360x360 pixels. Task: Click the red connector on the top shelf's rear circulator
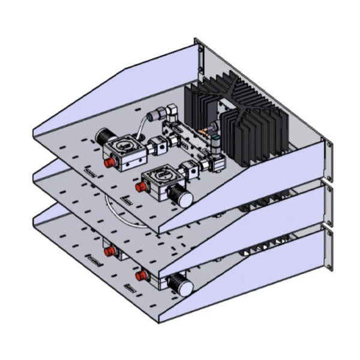(110, 163)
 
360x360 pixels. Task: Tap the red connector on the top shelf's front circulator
(142, 187)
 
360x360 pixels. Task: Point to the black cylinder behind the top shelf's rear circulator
(104, 136)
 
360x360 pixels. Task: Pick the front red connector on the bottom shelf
(142, 275)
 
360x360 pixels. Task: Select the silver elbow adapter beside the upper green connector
(170, 111)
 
